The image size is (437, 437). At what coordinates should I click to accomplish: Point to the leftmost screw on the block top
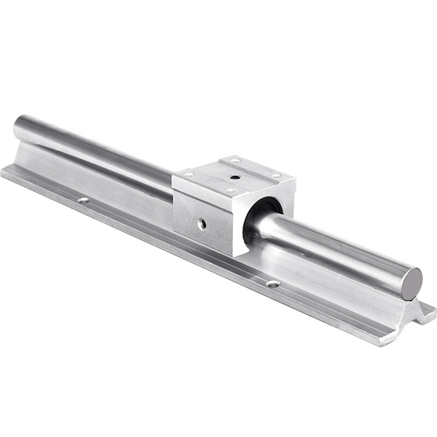189,175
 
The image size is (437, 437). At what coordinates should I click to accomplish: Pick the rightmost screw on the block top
277,175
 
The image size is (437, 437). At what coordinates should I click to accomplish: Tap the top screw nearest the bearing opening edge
229,191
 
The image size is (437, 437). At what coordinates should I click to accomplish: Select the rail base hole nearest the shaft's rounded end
83,200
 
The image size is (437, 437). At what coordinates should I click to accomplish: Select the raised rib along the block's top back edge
257,164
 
